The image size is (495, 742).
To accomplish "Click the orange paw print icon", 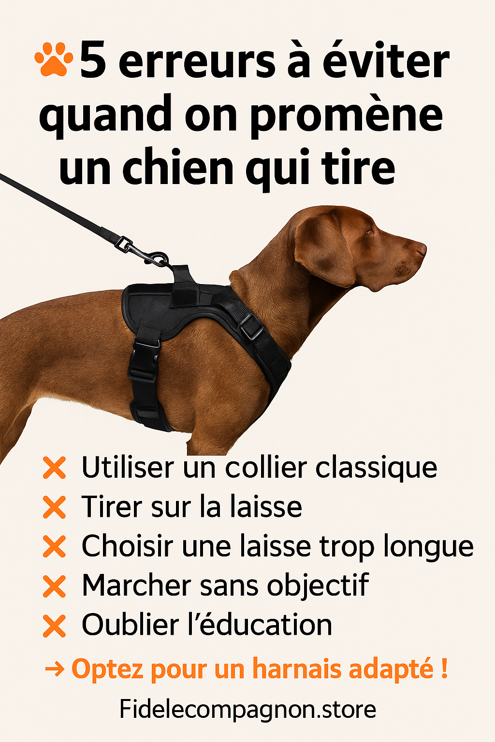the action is coord(53,58).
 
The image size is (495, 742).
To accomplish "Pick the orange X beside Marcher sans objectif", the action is coord(54,586).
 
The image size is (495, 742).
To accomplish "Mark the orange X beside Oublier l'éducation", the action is coord(54,626).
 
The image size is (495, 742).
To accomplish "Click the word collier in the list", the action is coord(266,467).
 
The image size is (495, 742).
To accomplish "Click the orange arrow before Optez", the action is coord(55,670).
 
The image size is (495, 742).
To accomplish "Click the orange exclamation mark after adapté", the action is coord(445,668).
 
